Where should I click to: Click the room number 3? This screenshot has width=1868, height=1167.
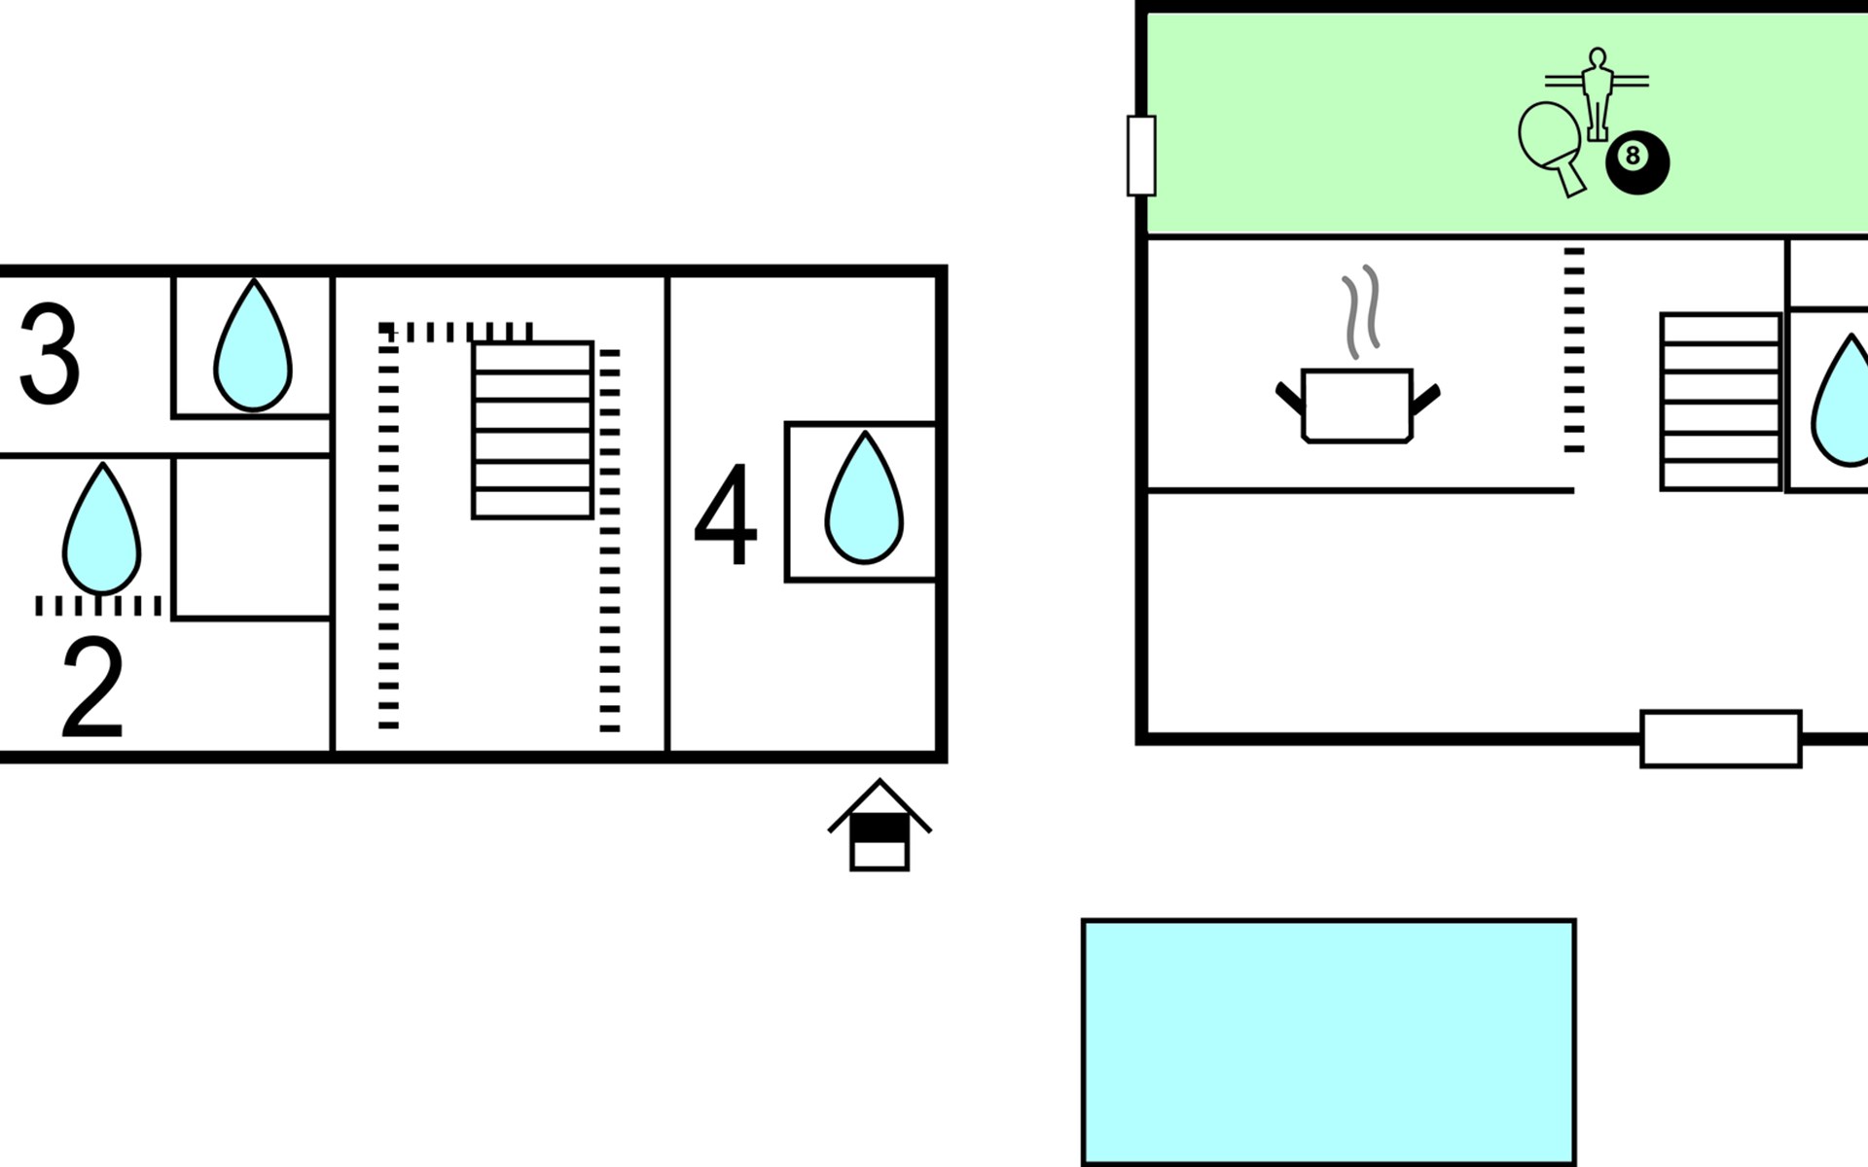[x=49, y=354]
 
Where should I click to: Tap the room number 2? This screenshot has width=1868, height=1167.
[x=93, y=689]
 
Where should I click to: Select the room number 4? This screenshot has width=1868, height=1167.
[x=725, y=514]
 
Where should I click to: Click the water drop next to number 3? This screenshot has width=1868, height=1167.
[x=253, y=345]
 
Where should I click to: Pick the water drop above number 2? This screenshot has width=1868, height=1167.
[x=102, y=528]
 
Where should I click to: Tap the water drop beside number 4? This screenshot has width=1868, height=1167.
[x=864, y=498]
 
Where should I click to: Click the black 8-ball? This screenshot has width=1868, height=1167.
[x=1637, y=162]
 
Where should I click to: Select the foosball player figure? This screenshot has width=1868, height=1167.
[x=1597, y=93]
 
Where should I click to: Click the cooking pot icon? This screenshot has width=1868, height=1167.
[x=1357, y=406]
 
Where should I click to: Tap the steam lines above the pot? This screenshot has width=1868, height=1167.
[x=1361, y=311]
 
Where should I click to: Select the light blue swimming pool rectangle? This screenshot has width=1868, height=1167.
[x=1328, y=1043]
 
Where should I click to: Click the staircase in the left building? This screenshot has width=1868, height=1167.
[x=532, y=430]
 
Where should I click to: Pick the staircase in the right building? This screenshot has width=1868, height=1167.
[x=1721, y=402]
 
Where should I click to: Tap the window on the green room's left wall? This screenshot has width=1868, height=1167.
[x=1141, y=156]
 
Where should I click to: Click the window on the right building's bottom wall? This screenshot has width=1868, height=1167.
[x=1721, y=739]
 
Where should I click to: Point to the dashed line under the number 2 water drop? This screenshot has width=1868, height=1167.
[x=98, y=606]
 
